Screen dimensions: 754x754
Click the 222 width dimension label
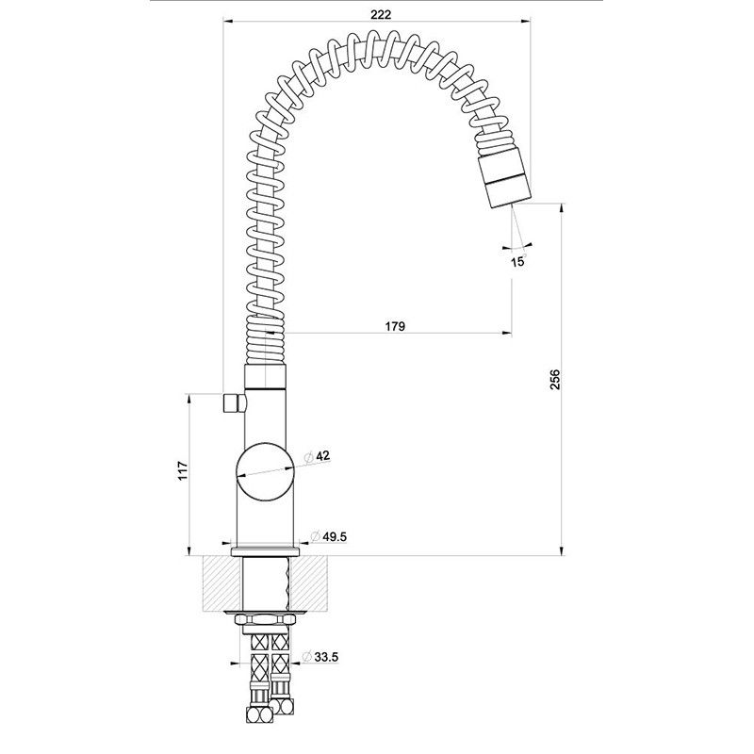(x=381, y=14)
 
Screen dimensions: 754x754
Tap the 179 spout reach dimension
(x=395, y=326)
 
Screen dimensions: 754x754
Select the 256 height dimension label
(x=555, y=380)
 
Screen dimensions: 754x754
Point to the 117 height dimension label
(x=182, y=471)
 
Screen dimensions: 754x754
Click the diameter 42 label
(x=318, y=456)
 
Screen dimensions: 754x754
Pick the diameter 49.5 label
(x=329, y=536)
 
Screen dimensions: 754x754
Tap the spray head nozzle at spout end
(x=505, y=177)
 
